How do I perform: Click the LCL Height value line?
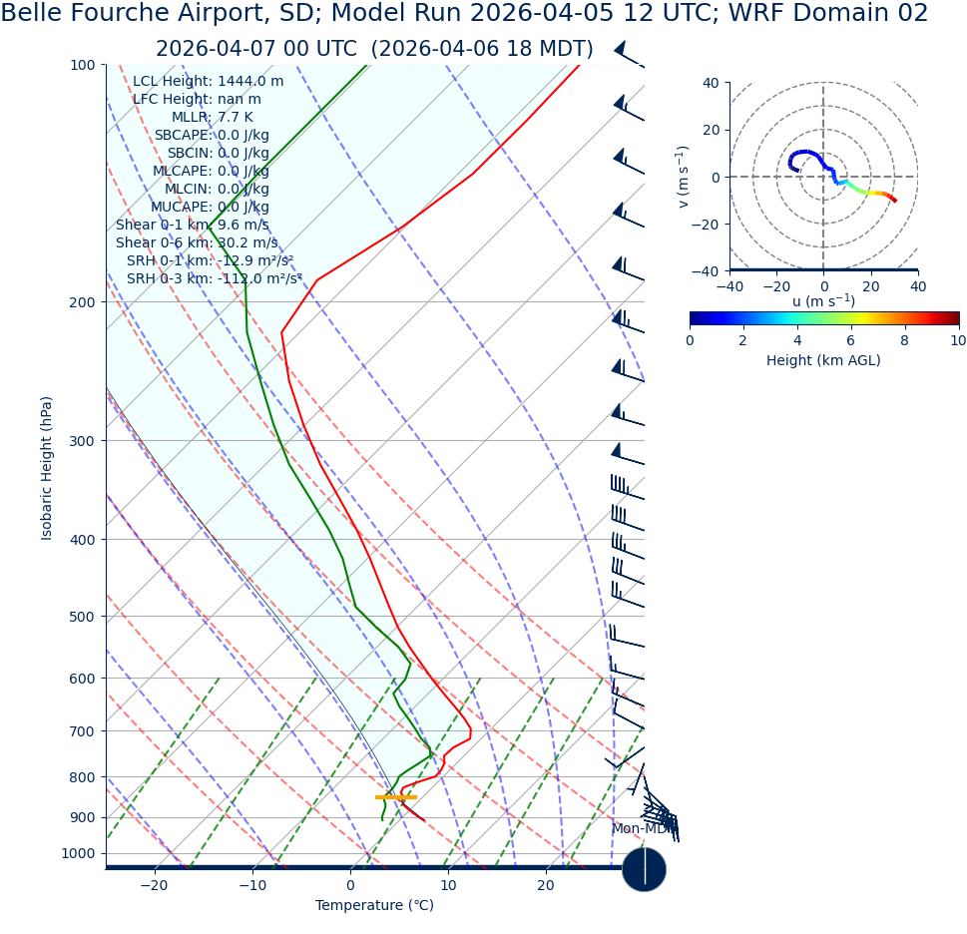(208, 81)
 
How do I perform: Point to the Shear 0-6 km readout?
(197, 242)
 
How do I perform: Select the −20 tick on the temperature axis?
(154, 886)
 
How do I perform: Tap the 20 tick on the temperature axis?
(546, 886)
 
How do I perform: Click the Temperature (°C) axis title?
(374, 906)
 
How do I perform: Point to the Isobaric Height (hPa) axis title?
(47, 468)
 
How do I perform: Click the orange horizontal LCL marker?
(395, 797)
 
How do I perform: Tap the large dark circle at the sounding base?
(644, 869)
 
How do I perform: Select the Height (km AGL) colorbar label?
(823, 360)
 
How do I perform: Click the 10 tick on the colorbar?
(957, 340)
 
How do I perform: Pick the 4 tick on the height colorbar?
(797, 340)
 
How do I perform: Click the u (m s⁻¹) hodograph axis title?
(823, 301)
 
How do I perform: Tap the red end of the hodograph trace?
(893, 201)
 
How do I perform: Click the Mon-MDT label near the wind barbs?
(640, 829)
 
